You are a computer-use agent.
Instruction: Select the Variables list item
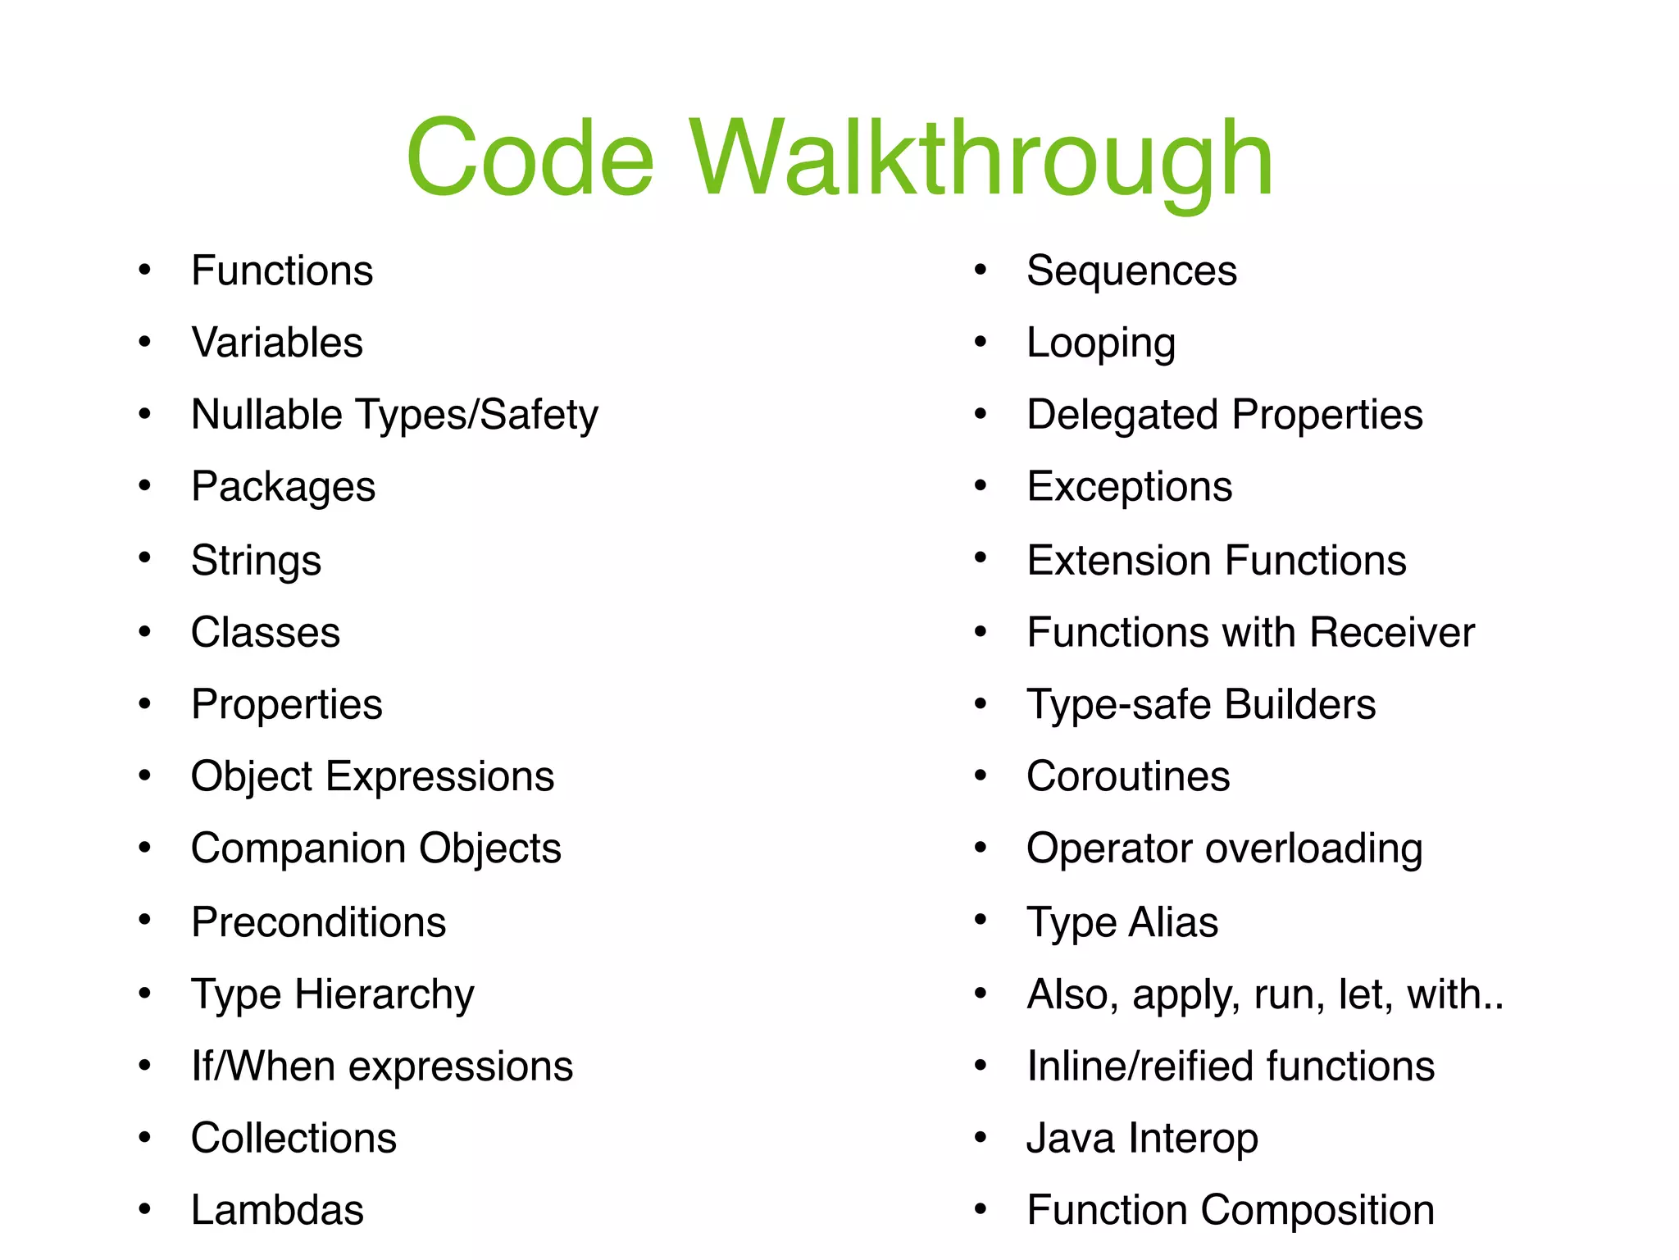277,343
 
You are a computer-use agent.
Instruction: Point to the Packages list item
283,487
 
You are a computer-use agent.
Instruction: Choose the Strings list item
256,561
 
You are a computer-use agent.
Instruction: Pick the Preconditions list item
318,922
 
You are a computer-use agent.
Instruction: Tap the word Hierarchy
384,994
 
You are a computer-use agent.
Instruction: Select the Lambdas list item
277,1210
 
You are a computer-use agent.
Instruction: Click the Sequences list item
1131,271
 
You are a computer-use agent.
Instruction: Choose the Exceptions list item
1129,487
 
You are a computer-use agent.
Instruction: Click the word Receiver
1391,633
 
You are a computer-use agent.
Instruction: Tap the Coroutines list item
1128,776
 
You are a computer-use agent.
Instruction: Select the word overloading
1313,848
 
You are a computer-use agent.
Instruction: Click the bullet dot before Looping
981,342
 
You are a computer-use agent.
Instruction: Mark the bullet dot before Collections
145,1137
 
